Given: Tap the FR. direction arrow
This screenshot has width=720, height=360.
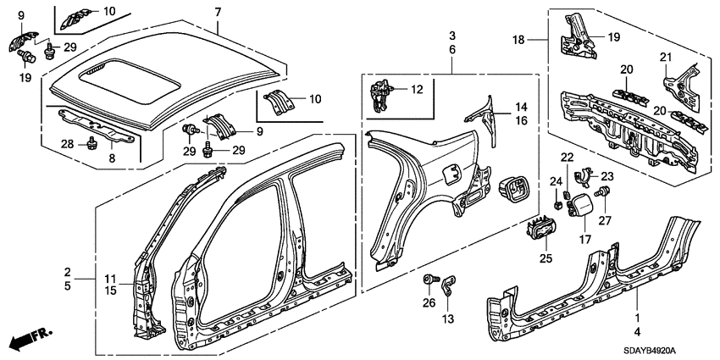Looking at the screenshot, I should pyautogui.click(x=30, y=340).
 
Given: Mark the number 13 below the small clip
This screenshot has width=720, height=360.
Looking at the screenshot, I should pyautogui.click(x=448, y=318).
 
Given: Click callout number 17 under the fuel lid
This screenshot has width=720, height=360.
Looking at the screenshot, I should pyautogui.click(x=583, y=240).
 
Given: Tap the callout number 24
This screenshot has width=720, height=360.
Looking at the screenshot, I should pyautogui.click(x=556, y=180).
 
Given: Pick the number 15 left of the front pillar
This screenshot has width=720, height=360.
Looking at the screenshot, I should pyautogui.click(x=110, y=291).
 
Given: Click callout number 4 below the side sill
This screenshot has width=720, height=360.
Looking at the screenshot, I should pyautogui.click(x=637, y=331).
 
